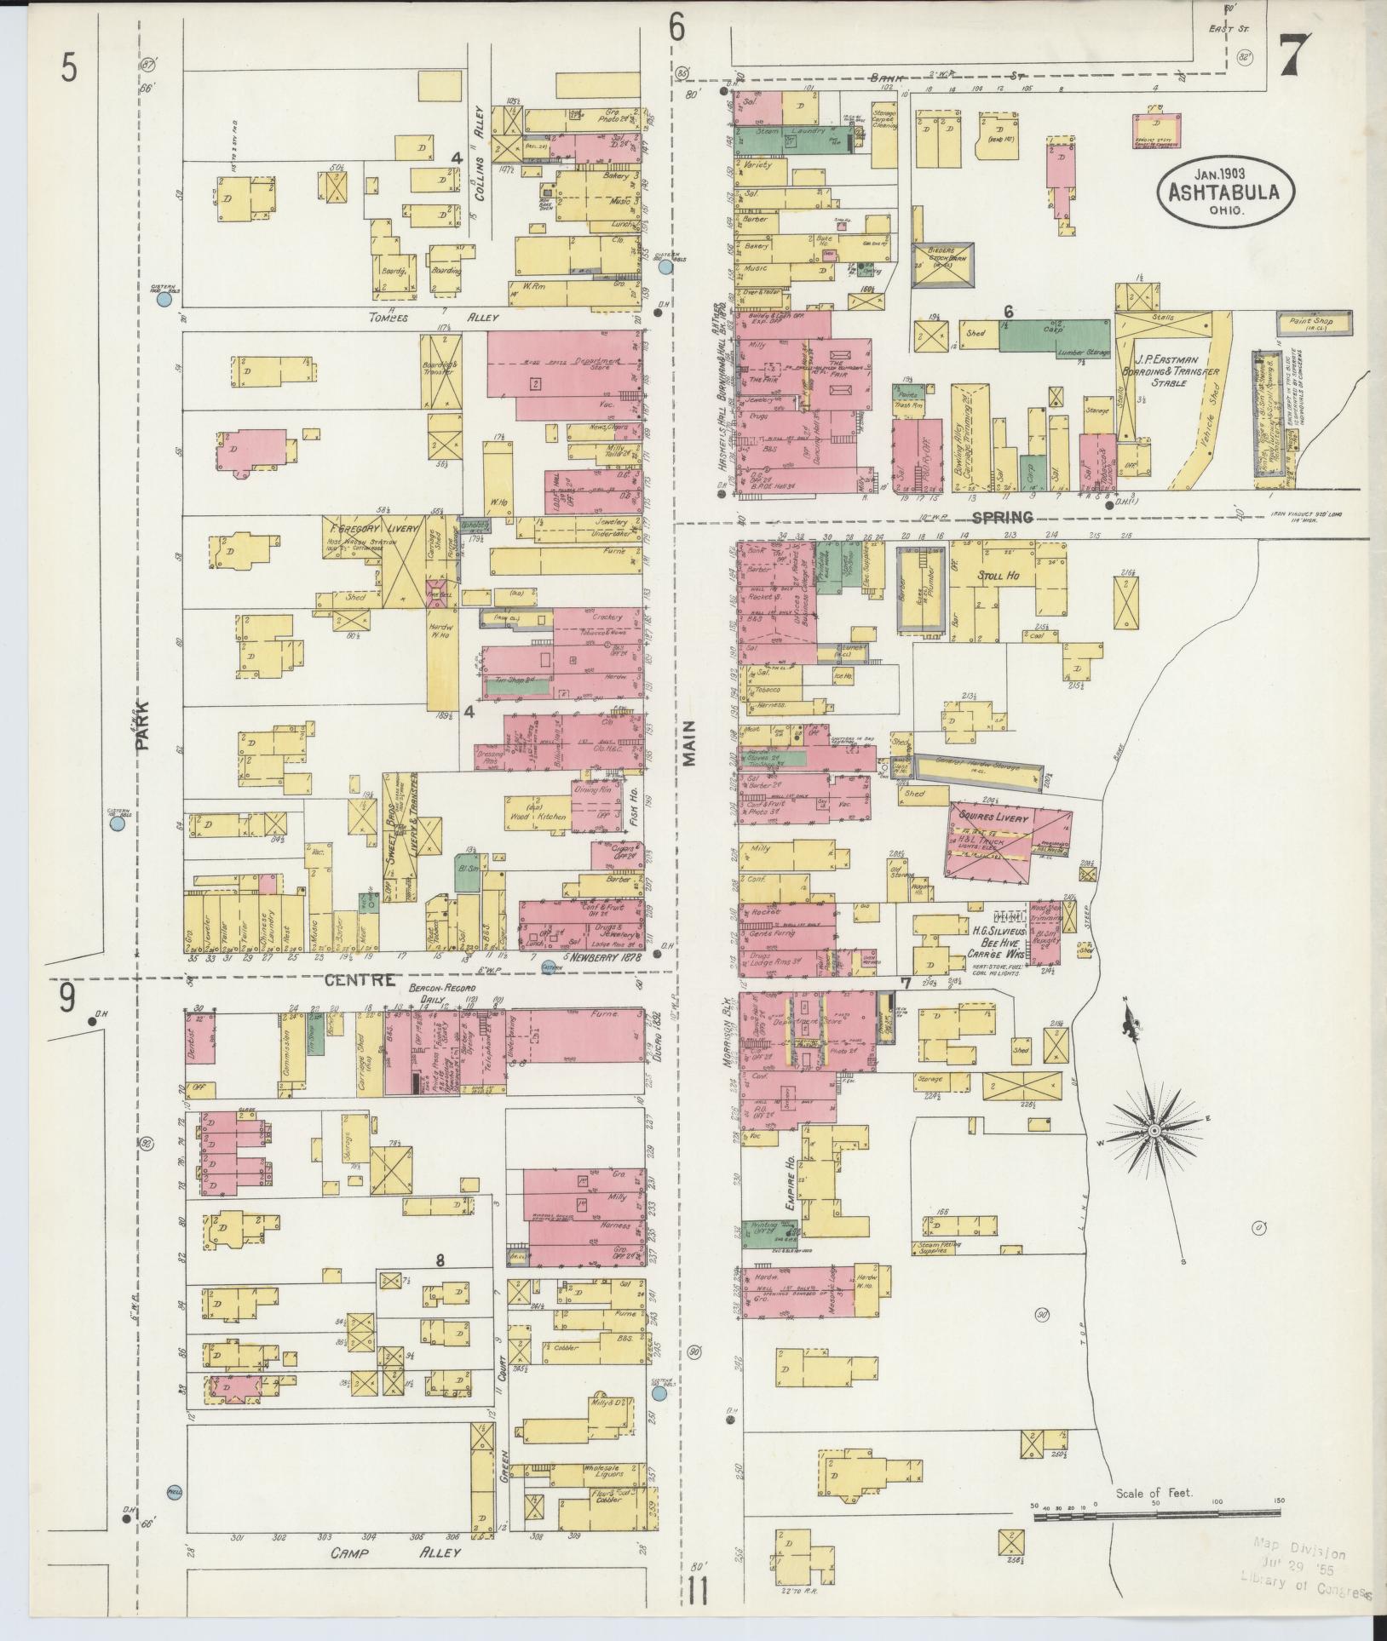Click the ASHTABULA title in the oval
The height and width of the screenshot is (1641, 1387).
tap(1224, 192)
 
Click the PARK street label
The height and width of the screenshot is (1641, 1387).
tap(141, 725)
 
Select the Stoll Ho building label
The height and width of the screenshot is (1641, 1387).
tap(997, 576)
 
